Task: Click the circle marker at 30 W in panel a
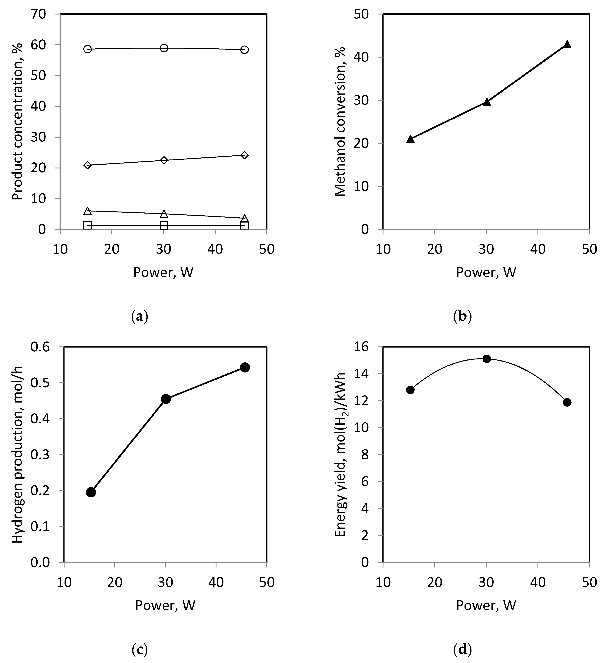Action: pyautogui.click(x=164, y=48)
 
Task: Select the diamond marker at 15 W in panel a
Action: pyautogui.click(x=88, y=165)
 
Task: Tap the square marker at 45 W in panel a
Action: pyautogui.click(x=245, y=225)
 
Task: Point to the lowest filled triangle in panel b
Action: pyautogui.click(x=410, y=139)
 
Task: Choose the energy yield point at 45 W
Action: pyautogui.click(x=567, y=402)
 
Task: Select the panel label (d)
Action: pyautogui.click(x=462, y=650)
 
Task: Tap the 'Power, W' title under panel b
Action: pyautogui.click(x=486, y=272)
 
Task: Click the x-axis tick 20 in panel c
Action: pyautogui.click(x=115, y=582)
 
